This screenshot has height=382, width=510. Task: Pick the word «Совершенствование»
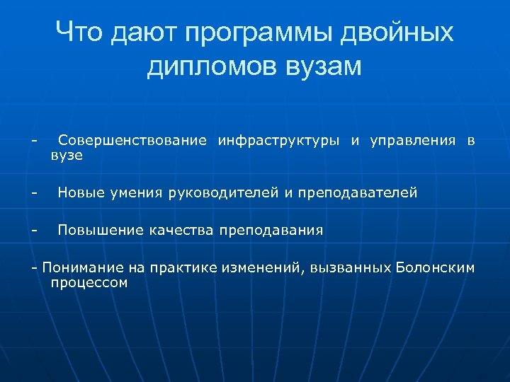132,140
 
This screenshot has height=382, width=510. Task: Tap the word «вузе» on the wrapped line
67,155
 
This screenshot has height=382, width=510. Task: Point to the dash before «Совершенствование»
33,140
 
